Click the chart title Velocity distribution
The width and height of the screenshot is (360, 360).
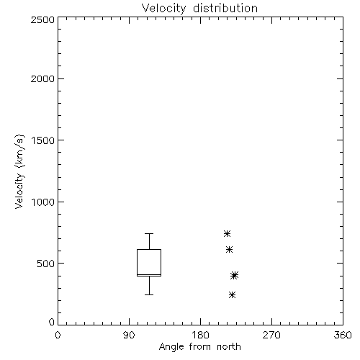tap(199, 9)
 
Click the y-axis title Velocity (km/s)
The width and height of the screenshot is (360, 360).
tap(19, 171)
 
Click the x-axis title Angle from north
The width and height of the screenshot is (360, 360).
tap(199, 347)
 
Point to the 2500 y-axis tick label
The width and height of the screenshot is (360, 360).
tap(42, 19)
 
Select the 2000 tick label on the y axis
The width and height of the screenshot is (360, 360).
tap(42, 78)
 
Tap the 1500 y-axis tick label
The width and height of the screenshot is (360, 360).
tap(43, 140)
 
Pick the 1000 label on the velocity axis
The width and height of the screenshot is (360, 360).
tap(43, 202)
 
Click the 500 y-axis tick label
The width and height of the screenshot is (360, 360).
tap(46, 264)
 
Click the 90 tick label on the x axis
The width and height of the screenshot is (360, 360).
tap(129, 335)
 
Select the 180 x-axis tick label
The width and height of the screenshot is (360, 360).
tap(199, 335)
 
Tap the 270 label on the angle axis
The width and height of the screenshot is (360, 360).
tap(271, 335)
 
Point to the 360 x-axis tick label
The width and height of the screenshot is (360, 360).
tap(343, 335)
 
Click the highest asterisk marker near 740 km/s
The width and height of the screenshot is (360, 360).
tap(227, 233)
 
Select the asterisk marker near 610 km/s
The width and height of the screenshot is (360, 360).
tap(229, 250)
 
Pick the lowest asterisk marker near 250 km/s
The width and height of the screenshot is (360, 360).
tap(232, 294)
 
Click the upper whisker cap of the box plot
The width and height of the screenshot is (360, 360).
tap(149, 233)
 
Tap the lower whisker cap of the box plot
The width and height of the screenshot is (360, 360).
tap(149, 294)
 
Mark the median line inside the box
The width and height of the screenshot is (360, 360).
tap(149, 274)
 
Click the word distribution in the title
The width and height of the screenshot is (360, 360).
tap(225, 9)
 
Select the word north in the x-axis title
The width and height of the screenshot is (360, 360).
tap(229, 347)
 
